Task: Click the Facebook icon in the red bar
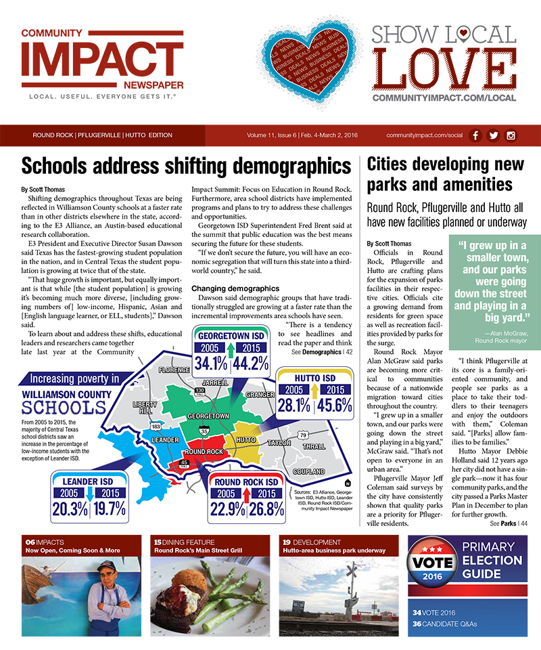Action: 475,135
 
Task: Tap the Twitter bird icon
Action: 493,135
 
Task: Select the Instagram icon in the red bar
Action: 511,135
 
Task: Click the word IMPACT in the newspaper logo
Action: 102,60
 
